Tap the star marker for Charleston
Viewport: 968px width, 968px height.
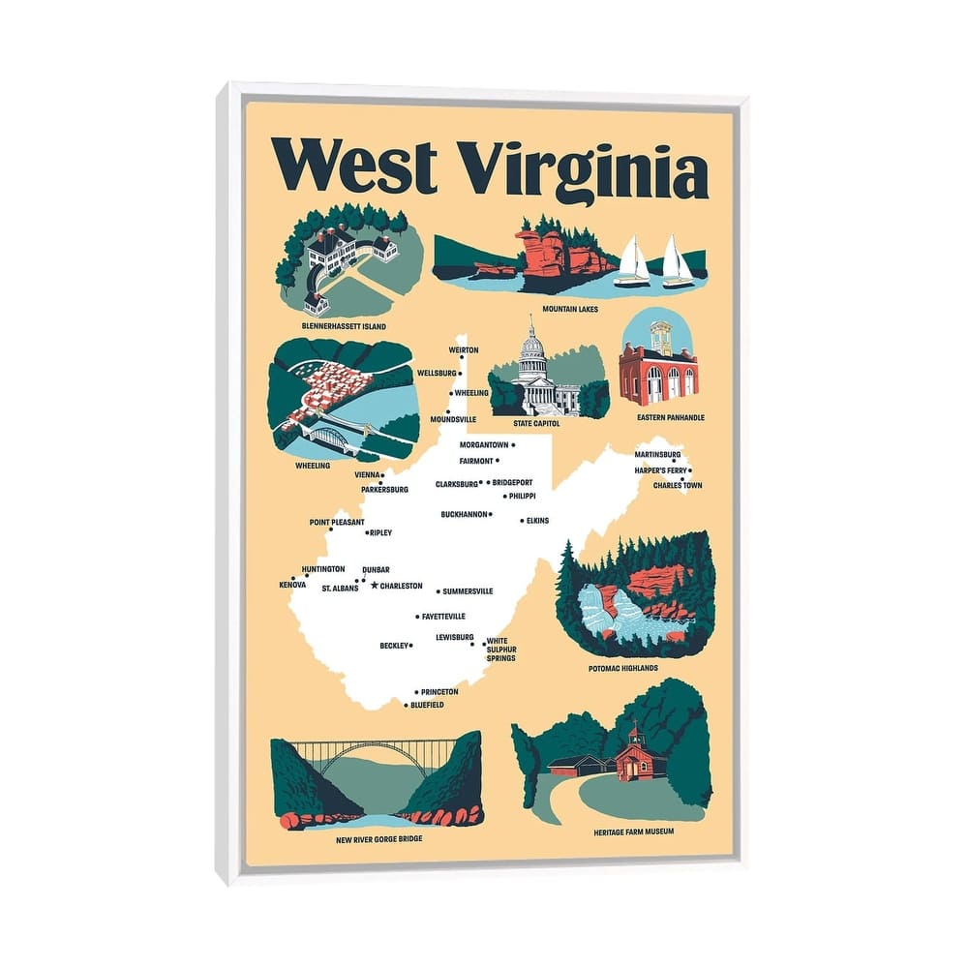coord(375,586)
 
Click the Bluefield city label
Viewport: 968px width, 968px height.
coord(428,705)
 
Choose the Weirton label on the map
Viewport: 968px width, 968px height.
coord(464,349)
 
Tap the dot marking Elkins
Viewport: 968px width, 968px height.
coord(523,521)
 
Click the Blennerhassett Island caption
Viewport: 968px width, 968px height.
coord(344,326)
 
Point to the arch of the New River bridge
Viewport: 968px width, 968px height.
coord(377,758)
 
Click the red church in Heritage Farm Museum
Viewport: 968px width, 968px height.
coord(632,755)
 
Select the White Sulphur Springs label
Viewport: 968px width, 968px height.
coord(501,649)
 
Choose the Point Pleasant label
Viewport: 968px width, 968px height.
coord(337,522)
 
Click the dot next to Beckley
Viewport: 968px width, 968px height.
coord(411,645)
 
